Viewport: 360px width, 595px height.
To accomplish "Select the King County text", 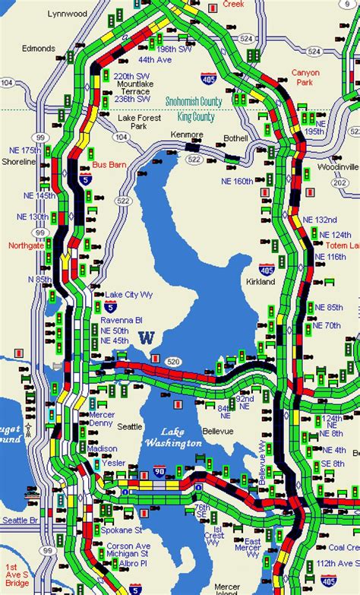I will (x=194, y=118).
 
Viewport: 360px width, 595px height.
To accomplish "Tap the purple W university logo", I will (x=147, y=338).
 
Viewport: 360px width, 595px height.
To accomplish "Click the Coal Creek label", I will (x=344, y=546).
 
